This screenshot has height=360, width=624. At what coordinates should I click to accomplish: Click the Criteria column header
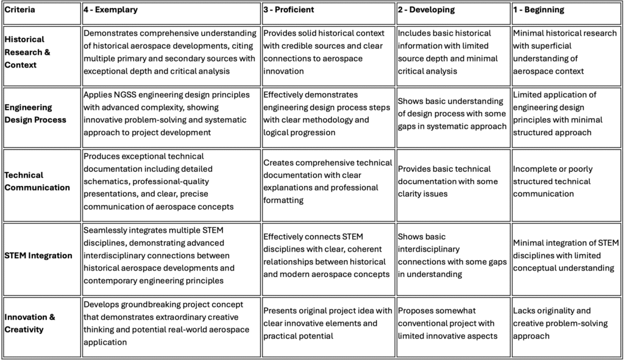pyautogui.click(x=19, y=10)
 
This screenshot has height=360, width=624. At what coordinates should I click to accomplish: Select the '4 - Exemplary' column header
pyautogui.click(x=110, y=10)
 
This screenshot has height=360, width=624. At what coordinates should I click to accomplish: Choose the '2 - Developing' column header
pyautogui.click(x=427, y=10)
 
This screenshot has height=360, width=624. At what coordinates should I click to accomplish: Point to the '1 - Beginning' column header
pyautogui.click(x=539, y=10)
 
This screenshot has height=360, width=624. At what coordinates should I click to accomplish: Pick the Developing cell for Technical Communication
pyautogui.click(x=451, y=181)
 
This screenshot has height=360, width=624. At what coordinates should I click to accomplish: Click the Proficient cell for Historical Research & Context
pyautogui.click(x=327, y=52)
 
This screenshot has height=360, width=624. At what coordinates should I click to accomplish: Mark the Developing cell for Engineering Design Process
pyautogui.click(x=451, y=113)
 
